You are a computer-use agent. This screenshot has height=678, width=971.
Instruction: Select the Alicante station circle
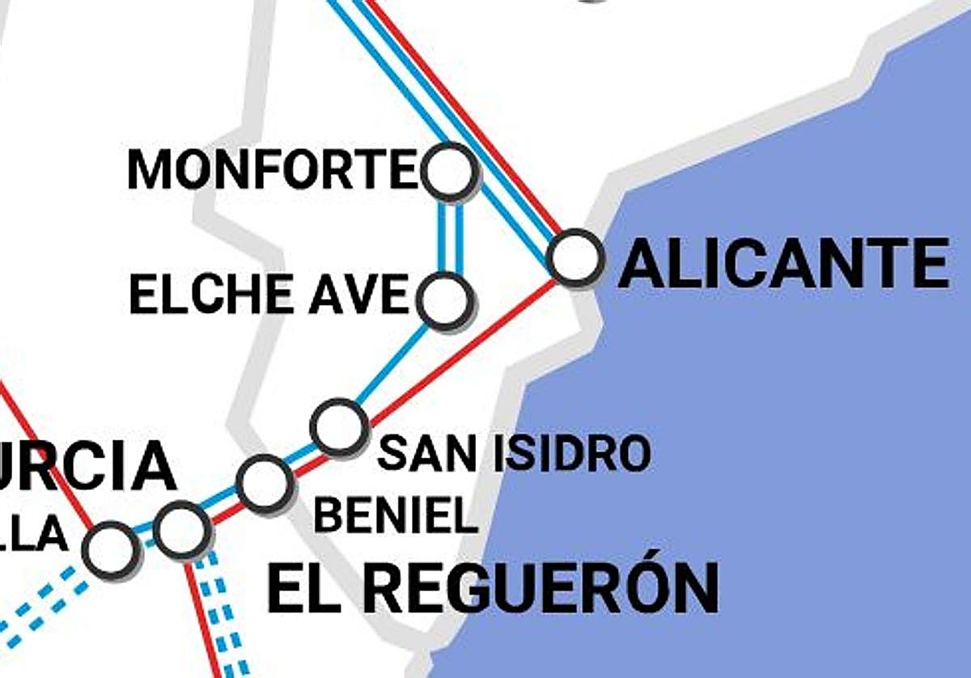575,257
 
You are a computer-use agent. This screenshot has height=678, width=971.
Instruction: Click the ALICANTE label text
783,264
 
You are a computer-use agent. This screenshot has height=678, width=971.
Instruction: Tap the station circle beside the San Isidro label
339,426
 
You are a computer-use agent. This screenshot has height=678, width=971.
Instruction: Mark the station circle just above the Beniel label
264,483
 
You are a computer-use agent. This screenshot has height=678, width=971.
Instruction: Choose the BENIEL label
396,515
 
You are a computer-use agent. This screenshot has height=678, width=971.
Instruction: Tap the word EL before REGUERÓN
303,589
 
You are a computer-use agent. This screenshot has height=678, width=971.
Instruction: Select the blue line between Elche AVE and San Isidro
392,363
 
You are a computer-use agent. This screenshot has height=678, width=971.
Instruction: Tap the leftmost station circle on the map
110,549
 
